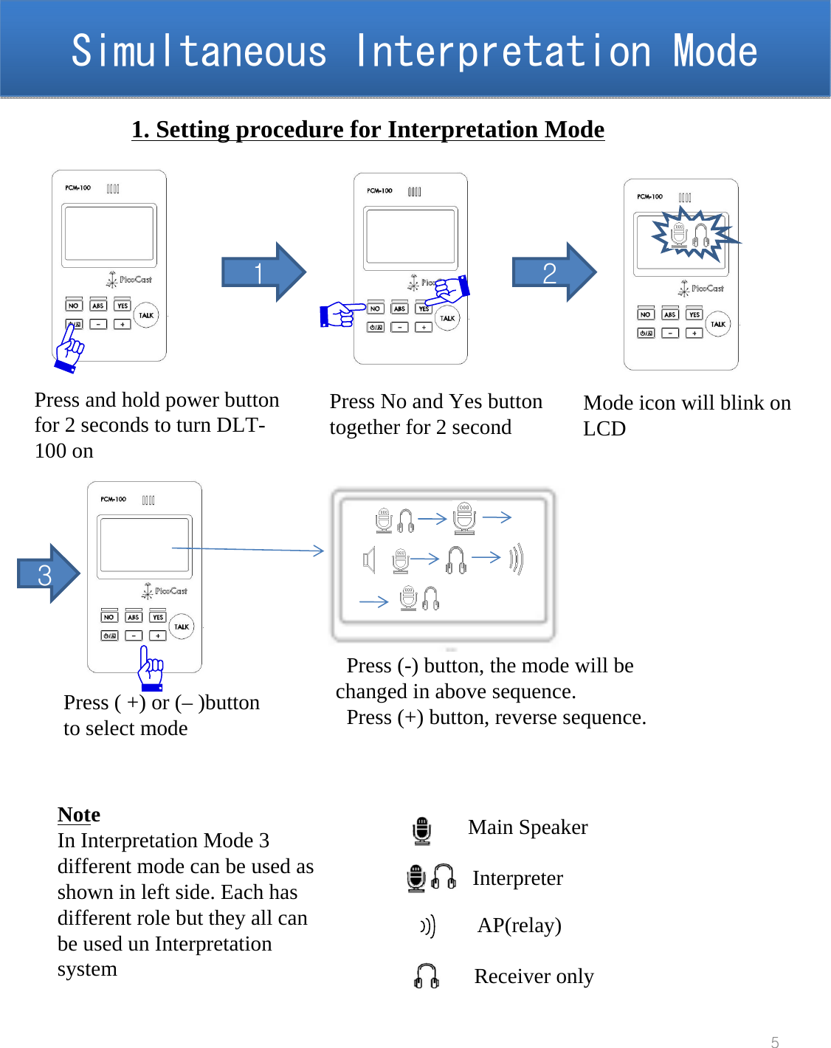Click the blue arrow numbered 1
coord(263,272)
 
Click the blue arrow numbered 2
coord(554,272)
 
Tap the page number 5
coord(774,1041)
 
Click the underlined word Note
coord(79,814)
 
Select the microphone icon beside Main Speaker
coord(421,830)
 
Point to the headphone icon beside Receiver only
coord(427,976)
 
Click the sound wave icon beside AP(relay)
coord(428,925)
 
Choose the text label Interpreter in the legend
coord(517,878)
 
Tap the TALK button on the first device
coord(146,315)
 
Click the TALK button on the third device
coord(718,324)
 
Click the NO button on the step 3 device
coord(108,617)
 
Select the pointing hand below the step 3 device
coord(151,668)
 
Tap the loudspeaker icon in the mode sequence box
coord(369,560)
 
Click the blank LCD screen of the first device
coord(109,234)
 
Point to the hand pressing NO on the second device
coord(341,314)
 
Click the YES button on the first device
coord(122,306)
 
